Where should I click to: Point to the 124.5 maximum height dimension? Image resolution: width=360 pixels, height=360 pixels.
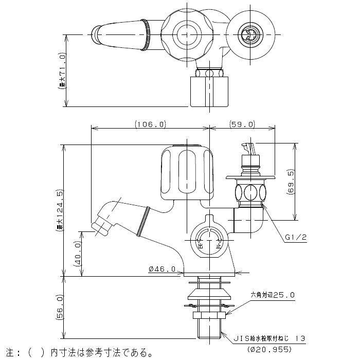pyautogui.click(x=60, y=210)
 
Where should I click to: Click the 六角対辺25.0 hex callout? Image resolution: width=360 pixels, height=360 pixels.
pyautogui.click(x=273, y=295)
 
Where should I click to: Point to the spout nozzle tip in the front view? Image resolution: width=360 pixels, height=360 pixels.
pyautogui.click(x=98, y=225)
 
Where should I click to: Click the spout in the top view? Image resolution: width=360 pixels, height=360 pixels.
pyautogui.click(x=121, y=35)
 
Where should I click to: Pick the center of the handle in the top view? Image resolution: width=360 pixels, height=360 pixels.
pyautogui.click(x=185, y=34)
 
